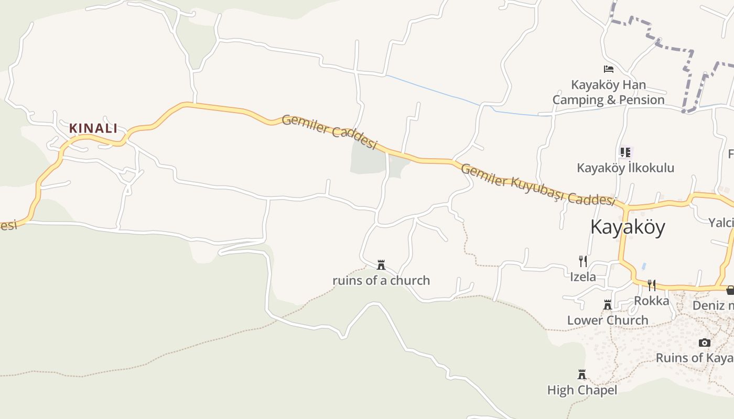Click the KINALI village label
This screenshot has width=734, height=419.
93,128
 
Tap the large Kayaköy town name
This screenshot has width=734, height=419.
628,227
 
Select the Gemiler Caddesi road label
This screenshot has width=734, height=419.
329,131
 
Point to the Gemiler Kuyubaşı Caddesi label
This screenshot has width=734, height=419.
537,184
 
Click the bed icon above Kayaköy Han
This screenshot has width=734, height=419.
608,69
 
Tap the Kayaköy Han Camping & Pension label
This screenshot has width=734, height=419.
608,92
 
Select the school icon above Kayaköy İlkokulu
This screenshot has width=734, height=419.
625,152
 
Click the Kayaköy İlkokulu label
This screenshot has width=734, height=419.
625,168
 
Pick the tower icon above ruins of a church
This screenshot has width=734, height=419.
381,265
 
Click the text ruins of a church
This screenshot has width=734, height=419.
381,281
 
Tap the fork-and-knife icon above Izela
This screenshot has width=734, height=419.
582,261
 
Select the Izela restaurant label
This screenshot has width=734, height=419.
583,277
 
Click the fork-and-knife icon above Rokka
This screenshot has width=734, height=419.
651,285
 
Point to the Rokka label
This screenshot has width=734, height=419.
652,301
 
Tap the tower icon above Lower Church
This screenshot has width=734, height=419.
608,305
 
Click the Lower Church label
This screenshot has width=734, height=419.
608,320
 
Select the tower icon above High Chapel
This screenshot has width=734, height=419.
581,374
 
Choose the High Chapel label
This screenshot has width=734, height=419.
582,390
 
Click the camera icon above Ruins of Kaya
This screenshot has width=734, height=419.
705,343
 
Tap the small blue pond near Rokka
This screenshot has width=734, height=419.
644,266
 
